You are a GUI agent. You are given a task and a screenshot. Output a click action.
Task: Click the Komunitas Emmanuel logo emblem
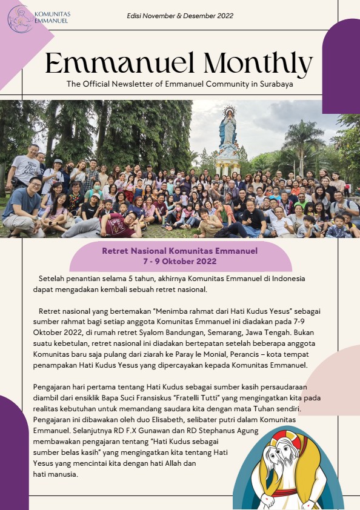pyautogui.click(x=20, y=18)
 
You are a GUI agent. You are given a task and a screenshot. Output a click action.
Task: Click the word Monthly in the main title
pyautogui.click(x=259, y=63)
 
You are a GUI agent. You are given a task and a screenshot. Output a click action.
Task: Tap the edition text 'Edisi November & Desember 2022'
pyautogui.click(x=180, y=16)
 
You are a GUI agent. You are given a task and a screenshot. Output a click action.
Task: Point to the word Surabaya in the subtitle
pyautogui.click(x=275, y=84)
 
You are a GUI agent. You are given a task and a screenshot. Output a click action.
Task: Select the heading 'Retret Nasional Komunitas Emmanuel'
pyautogui.click(x=180, y=250)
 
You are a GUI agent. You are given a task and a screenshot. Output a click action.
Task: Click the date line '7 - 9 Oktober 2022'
pyautogui.click(x=180, y=261)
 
